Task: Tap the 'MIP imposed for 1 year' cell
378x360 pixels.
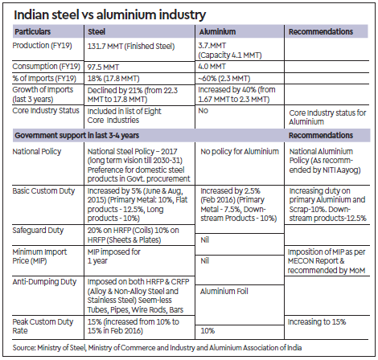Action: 113,256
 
